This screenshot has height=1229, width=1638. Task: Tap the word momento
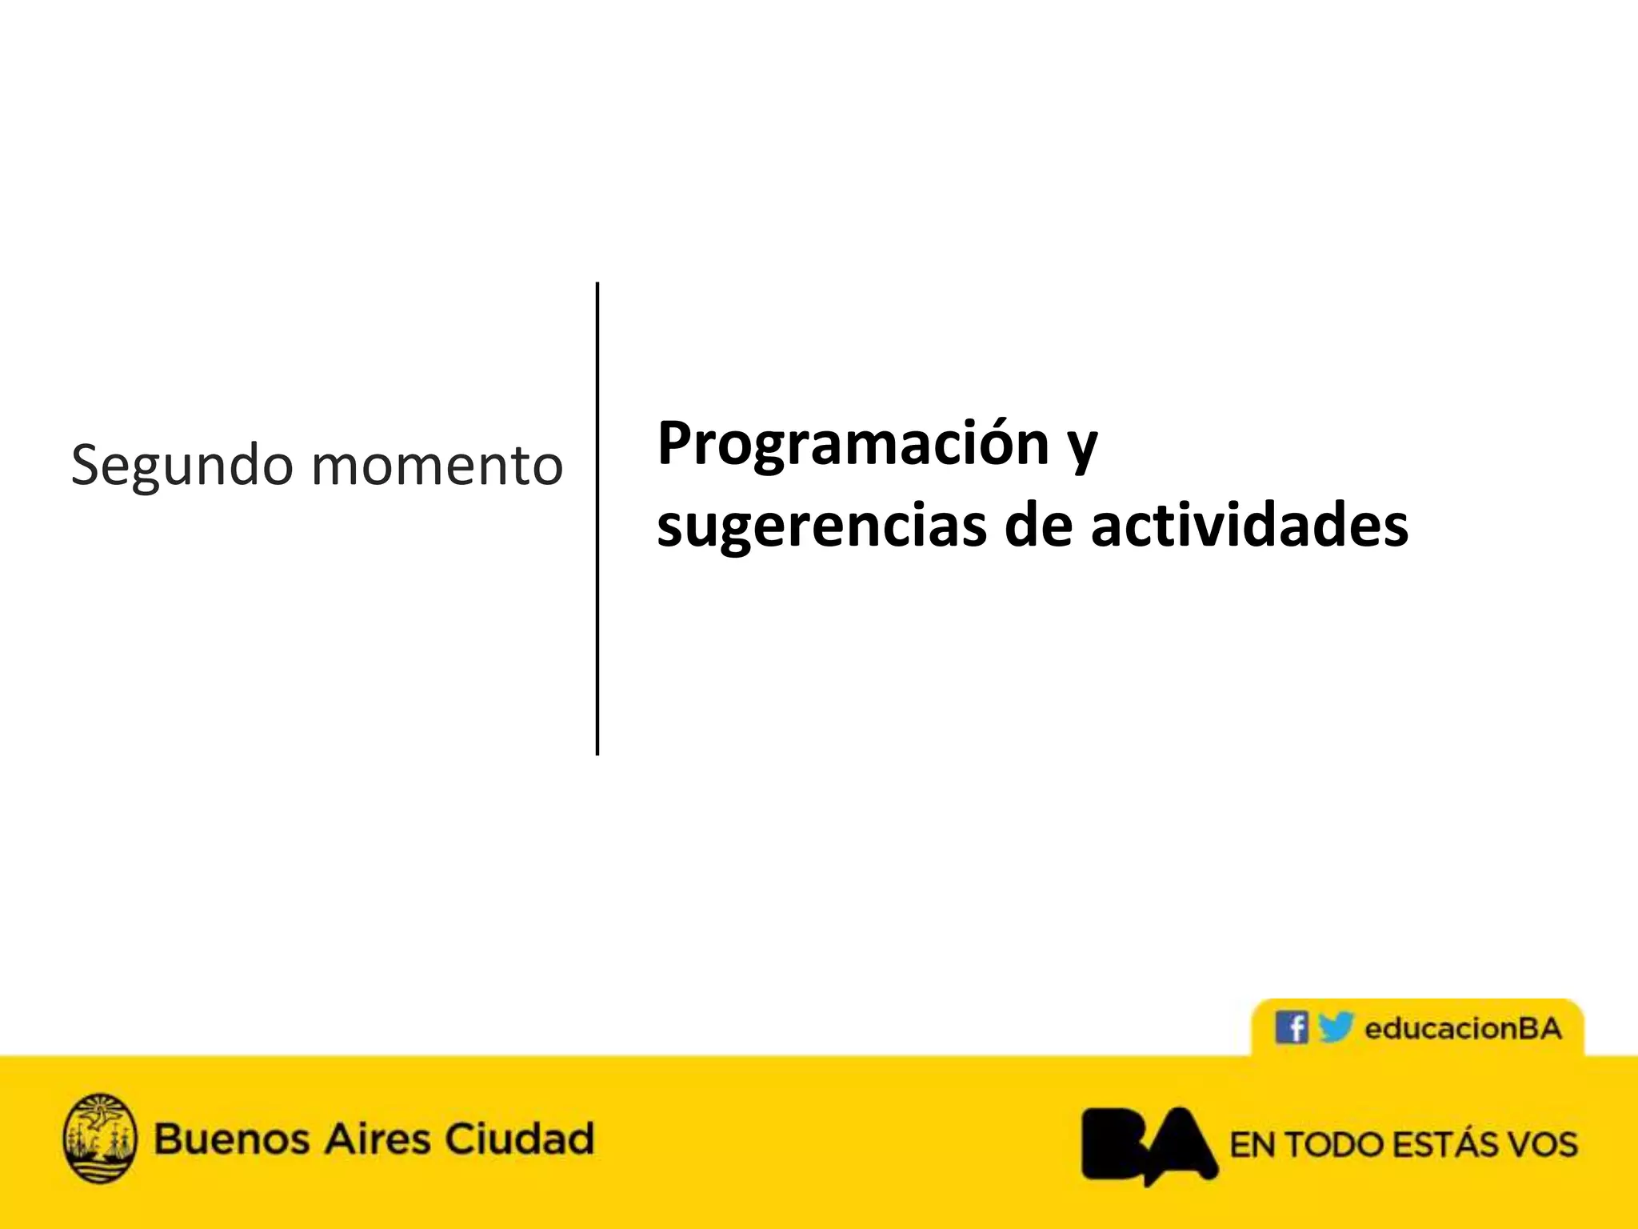[437, 466]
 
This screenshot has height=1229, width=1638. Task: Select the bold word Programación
[853, 443]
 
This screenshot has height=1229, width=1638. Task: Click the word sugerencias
[821, 526]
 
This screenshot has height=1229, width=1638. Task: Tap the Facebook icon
[1291, 1027]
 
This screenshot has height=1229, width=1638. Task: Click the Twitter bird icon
[1335, 1027]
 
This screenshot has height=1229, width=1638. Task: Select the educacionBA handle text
[1463, 1028]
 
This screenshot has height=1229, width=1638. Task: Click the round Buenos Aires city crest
[99, 1138]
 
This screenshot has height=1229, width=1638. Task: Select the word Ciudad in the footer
[520, 1139]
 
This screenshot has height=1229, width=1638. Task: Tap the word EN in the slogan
[1252, 1145]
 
